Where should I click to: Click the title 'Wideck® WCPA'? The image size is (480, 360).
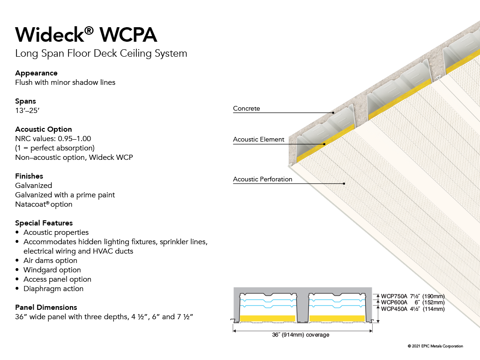coord(86,34)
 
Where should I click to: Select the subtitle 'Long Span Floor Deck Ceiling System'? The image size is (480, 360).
coord(101,53)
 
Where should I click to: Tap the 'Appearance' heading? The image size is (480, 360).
coord(37,73)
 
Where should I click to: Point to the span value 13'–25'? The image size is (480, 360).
coord(27,111)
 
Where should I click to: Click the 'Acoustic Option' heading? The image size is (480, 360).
coord(44,129)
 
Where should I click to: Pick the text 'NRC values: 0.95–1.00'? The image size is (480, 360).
coord(53,139)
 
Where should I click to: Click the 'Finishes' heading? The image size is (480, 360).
coord(29,176)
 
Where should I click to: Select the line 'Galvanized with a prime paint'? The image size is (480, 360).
coord(65,195)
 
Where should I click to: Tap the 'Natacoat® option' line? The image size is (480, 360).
coord(44,204)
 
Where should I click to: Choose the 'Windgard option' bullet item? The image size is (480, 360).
coord(52,270)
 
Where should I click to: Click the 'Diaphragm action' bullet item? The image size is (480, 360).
coord(53,289)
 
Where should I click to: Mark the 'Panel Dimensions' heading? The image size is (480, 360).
coord(46,307)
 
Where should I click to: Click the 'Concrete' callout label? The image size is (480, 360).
coord(247,108)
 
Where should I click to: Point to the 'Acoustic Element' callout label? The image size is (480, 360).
coord(259,139)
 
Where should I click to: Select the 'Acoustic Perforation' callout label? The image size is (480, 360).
coord(262,179)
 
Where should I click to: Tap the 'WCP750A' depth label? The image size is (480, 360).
coord(394,296)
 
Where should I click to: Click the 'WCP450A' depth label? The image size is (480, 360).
coord(394,309)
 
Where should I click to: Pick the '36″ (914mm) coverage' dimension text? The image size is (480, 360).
coord(300,335)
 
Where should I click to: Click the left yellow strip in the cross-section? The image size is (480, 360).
coord(268,318)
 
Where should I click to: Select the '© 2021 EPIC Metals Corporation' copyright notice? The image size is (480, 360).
coord(435,346)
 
